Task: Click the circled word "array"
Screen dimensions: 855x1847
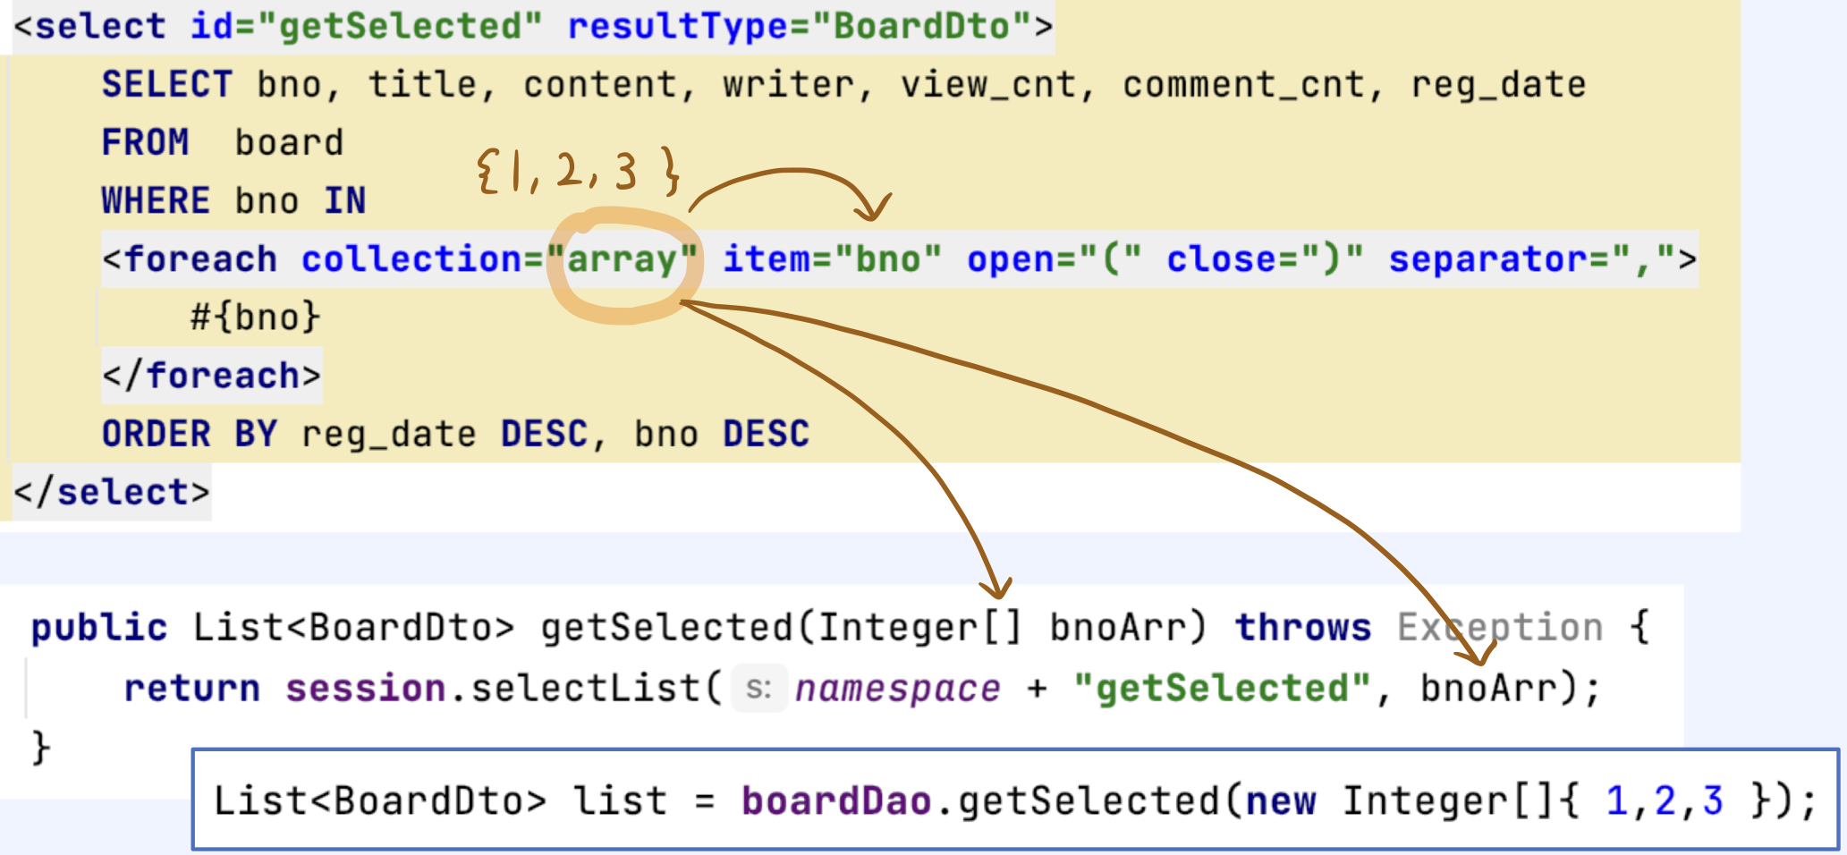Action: coord(623,260)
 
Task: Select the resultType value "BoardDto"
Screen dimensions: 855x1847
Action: coord(921,26)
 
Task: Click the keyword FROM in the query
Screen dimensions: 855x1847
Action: coord(145,142)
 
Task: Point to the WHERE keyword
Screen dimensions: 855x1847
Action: coord(156,200)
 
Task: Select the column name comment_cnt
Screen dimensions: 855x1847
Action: coord(1243,85)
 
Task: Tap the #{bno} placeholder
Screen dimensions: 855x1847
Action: coord(255,317)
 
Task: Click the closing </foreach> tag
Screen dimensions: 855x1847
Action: coord(211,376)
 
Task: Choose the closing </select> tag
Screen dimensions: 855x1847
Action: coord(111,492)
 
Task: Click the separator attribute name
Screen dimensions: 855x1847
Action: coord(1488,259)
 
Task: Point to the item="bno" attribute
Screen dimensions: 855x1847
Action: coord(832,259)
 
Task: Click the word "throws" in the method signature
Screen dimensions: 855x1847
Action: coord(1302,628)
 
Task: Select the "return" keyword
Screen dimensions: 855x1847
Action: coord(191,689)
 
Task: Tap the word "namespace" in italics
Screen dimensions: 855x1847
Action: coord(897,689)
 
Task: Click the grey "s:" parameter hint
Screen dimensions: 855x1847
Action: coord(758,689)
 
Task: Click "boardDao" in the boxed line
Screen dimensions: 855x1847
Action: coord(836,800)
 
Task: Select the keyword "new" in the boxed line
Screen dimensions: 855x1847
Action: coord(1280,800)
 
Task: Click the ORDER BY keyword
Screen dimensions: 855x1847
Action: coord(189,434)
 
